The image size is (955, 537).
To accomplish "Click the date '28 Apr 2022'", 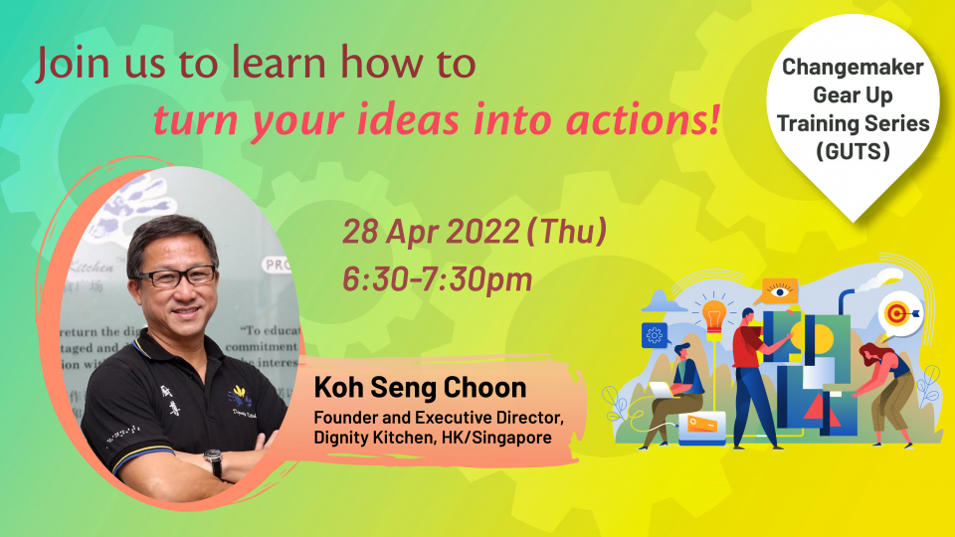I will (430, 232).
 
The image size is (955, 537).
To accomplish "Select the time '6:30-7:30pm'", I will (437, 279).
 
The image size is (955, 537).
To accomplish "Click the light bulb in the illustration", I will (713, 315).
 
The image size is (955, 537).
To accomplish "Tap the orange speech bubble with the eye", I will (779, 290).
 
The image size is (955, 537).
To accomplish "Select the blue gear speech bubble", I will (655, 334).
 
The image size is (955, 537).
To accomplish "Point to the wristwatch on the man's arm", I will (213, 462).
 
